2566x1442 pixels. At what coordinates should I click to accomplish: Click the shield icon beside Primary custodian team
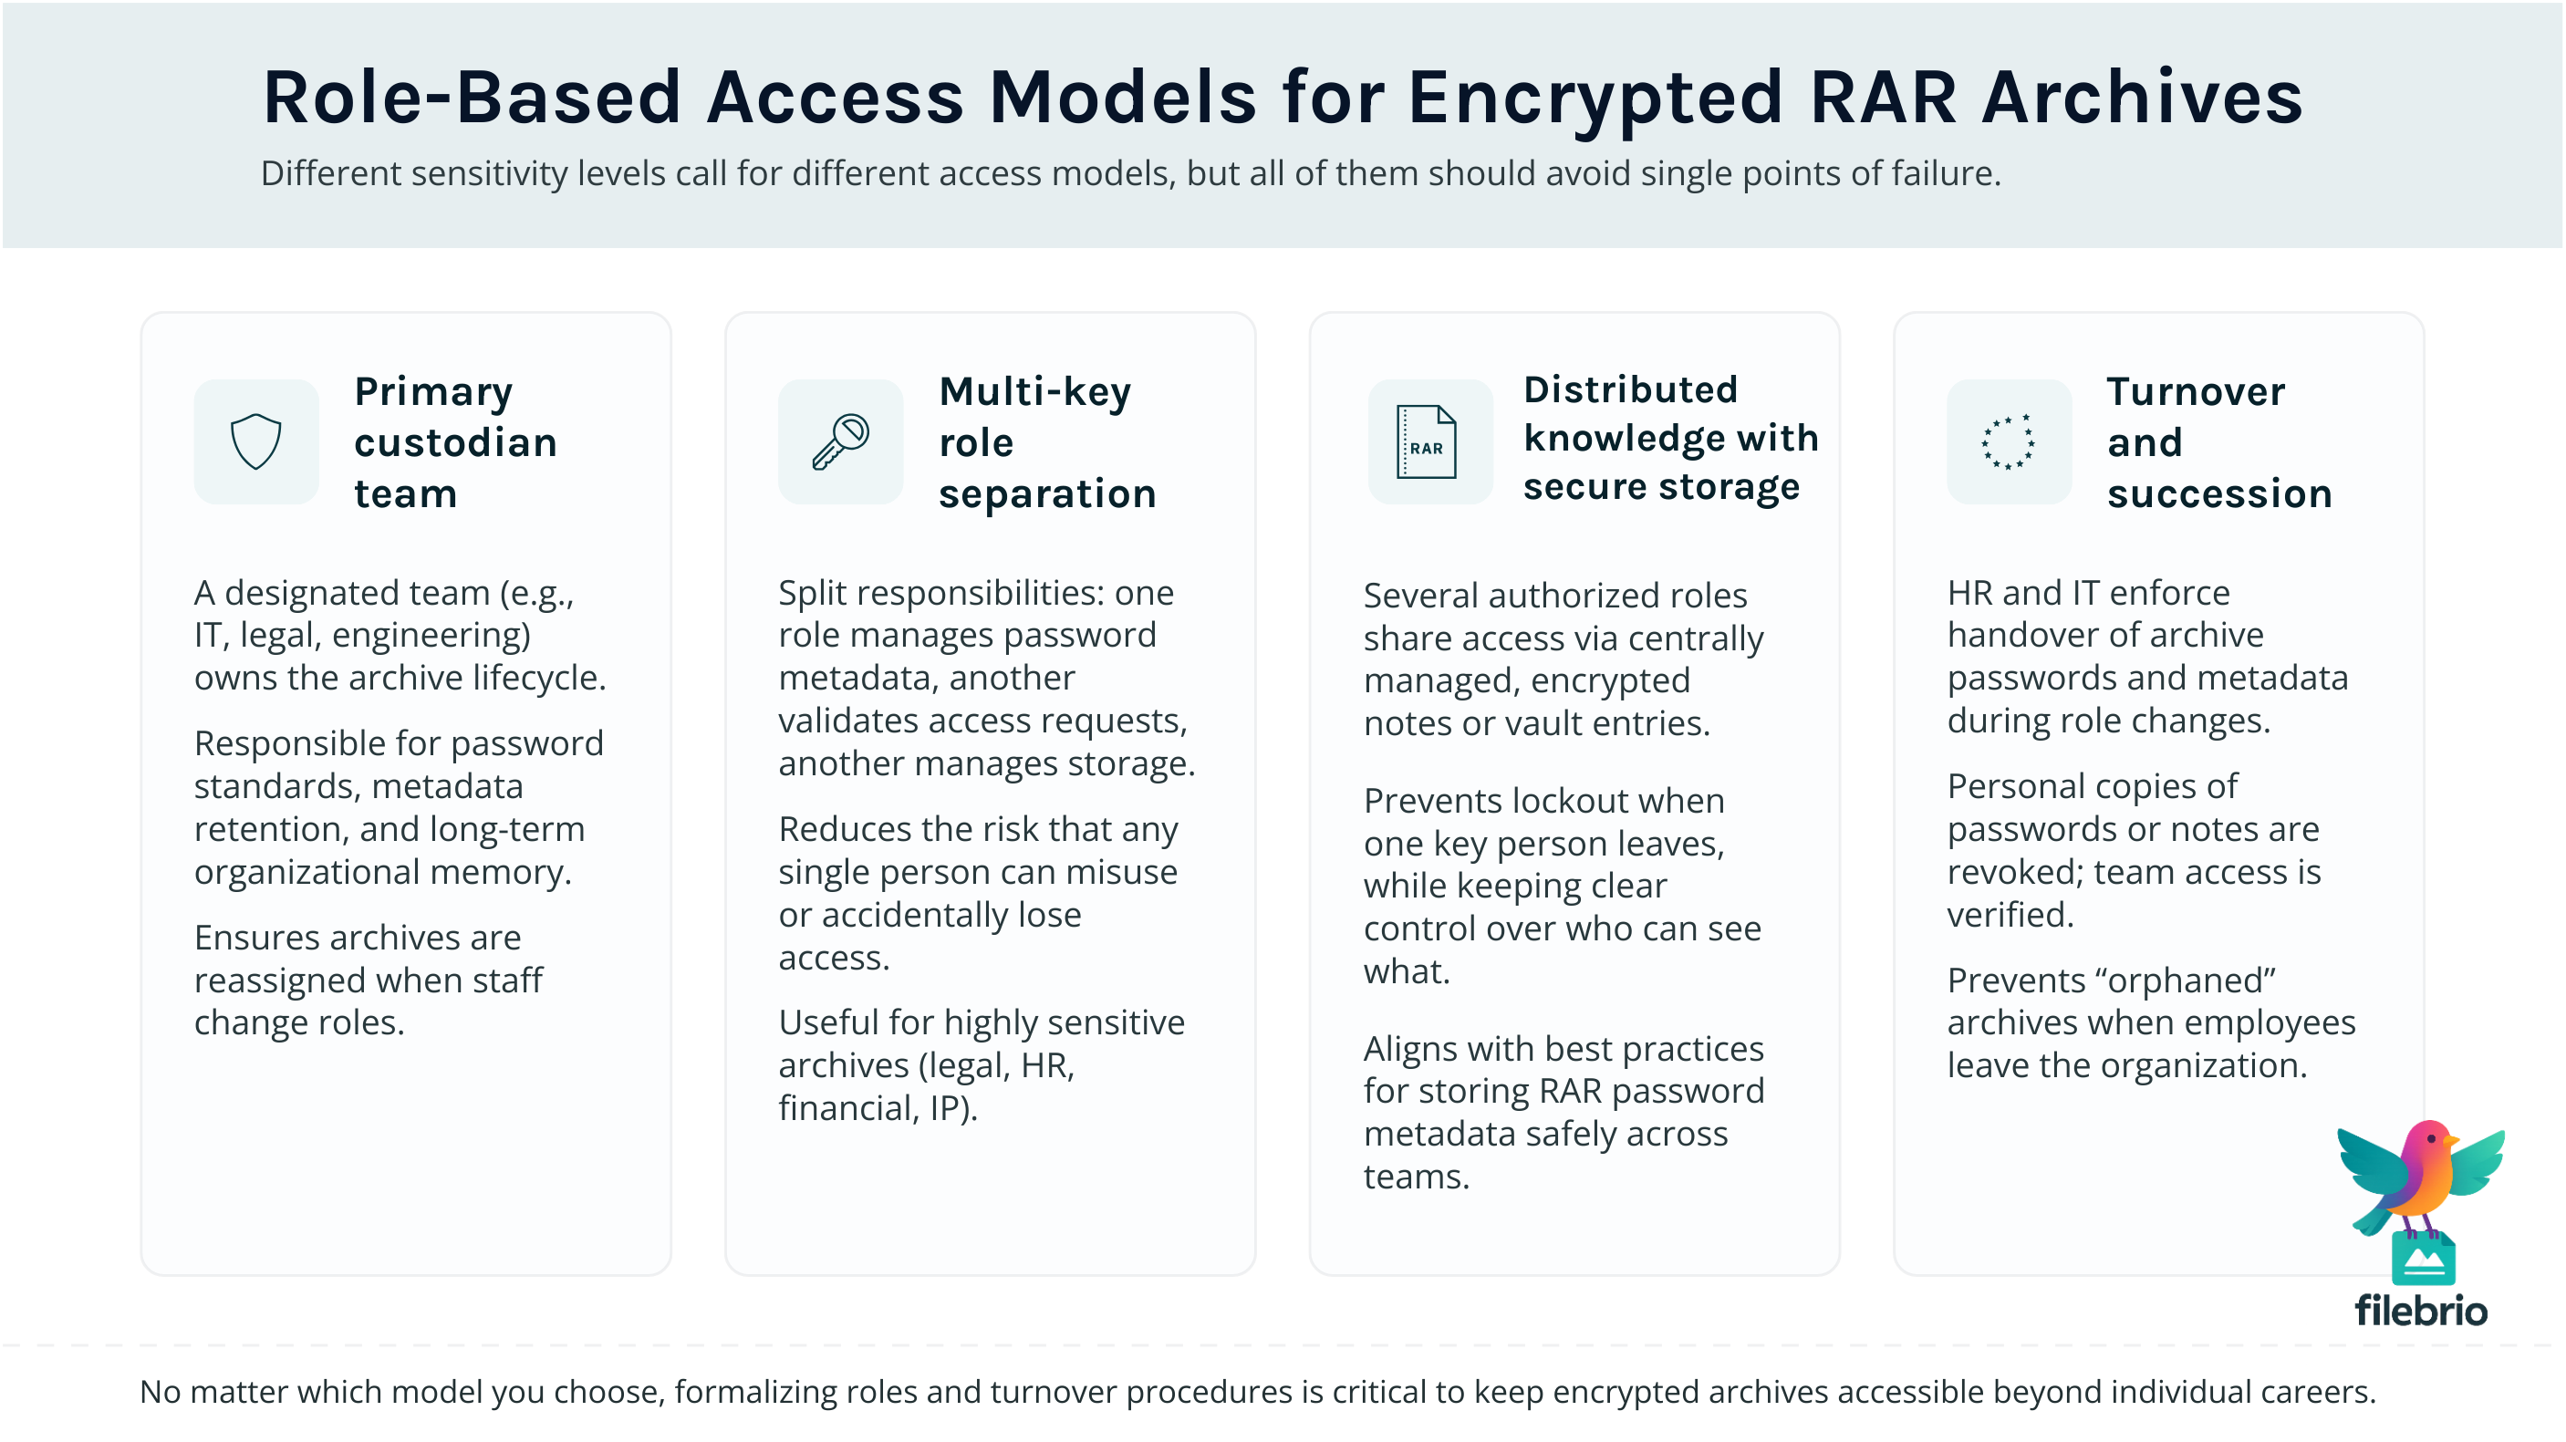pyautogui.click(x=256, y=441)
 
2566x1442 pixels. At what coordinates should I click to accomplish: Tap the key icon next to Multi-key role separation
pyautogui.click(x=840, y=441)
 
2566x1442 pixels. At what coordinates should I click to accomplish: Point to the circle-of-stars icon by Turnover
pyautogui.click(x=2008, y=441)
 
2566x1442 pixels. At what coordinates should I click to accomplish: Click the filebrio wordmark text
pyautogui.click(x=2421, y=1311)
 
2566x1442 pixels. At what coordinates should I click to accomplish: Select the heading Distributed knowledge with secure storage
pyautogui.click(x=1670, y=438)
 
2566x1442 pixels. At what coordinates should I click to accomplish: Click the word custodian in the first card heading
pyautogui.click(x=455, y=442)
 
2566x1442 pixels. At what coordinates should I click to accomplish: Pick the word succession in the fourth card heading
pyautogui.click(x=2219, y=494)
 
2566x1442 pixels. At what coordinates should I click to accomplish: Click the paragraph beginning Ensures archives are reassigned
pyautogui.click(x=369, y=980)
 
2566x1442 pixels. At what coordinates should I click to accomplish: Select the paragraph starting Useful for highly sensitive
pyautogui.click(x=982, y=1064)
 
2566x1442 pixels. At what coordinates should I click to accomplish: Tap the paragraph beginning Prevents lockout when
pyautogui.click(x=1562, y=886)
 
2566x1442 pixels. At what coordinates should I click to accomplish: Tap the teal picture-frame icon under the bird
pyautogui.click(x=2423, y=1259)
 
